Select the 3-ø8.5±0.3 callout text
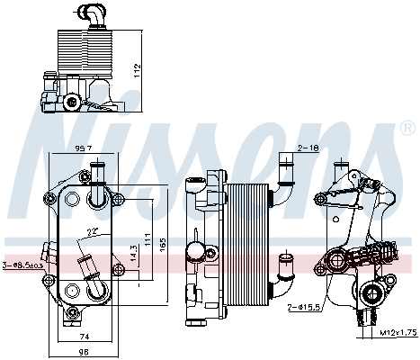pyautogui.click(x=22, y=265)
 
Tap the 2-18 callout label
pyautogui.click(x=308, y=146)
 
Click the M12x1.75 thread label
pyautogui.click(x=396, y=334)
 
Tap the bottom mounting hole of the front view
pyautogui.click(x=74, y=291)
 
